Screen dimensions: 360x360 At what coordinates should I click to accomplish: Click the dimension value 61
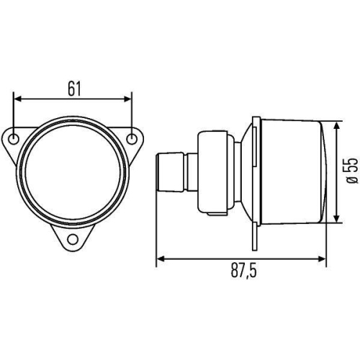coord(74,88)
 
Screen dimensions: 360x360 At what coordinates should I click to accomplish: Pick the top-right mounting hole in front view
coord(132,138)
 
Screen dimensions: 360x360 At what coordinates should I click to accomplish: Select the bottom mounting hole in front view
coord(74,239)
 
